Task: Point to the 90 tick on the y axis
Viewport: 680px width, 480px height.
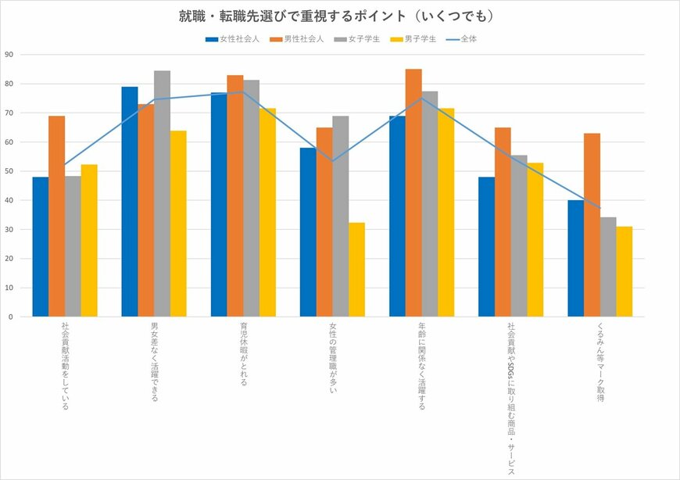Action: (9, 55)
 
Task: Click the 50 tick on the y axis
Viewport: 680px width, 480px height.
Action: (9, 171)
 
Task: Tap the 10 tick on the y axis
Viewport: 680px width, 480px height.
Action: (9, 288)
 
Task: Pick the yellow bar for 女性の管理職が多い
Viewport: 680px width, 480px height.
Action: (356, 270)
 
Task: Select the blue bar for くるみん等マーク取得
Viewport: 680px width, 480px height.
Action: (575, 258)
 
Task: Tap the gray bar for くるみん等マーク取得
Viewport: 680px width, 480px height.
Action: (608, 267)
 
